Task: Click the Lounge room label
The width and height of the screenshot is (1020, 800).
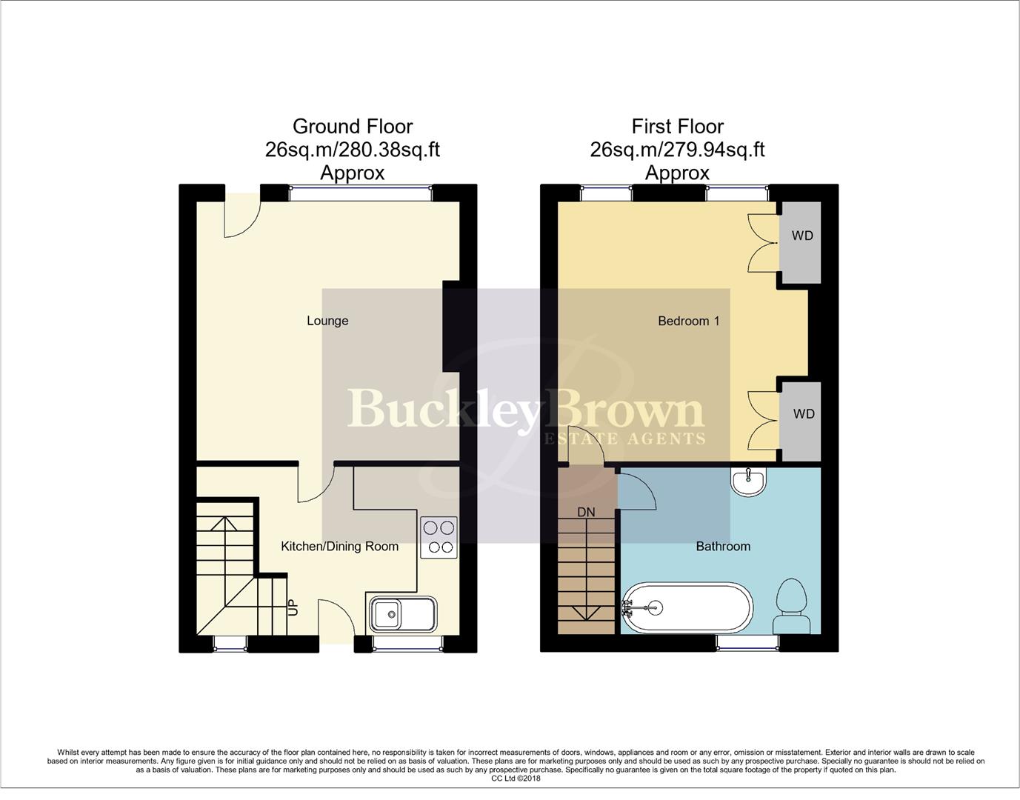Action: pyautogui.click(x=327, y=321)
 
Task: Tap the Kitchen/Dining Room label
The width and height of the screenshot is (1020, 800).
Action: pyautogui.click(x=339, y=547)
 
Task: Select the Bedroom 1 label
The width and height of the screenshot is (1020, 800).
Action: pyautogui.click(x=688, y=321)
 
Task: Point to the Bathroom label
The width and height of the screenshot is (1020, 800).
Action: pyautogui.click(x=723, y=547)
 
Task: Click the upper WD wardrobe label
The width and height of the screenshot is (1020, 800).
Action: pyautogui.click(x=802, y=236)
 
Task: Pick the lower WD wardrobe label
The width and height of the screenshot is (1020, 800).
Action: pyautogui.click(x=803, y=414)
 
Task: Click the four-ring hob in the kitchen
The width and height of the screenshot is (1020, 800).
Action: pyautogui.click(x=438, y=538)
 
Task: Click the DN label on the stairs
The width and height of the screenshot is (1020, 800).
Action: pyautogui.click(x=586, y=512)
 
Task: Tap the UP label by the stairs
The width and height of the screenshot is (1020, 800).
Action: pyautogui.click(x=293, y=607)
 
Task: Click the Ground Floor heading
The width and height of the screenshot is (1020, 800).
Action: pyautogui.click(x=353, y=127)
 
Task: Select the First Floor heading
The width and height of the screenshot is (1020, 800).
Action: pyautogui.click(x=677, y=127)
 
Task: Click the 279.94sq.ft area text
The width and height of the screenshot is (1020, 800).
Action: pyautogui.click(x=717, y=150)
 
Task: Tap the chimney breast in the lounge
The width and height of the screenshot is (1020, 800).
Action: pyautogui.click(x=452, y=326)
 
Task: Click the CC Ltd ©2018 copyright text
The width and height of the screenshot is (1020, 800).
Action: pyautogui.click(x=516, y=779)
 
